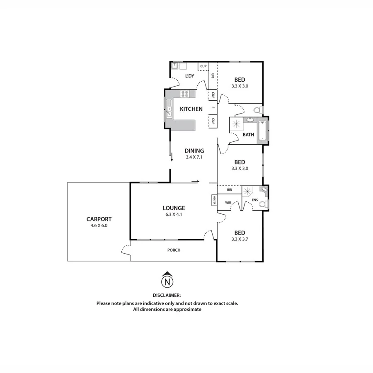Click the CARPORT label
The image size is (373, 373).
coord(99,219)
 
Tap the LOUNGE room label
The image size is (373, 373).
coord(174,208)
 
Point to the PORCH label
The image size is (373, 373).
coord(174,250)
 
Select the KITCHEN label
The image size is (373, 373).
coord(191,109)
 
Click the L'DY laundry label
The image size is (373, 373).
coord(189,76)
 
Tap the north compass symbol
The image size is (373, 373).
coord(167,281)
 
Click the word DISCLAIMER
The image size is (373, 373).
coord(167,295)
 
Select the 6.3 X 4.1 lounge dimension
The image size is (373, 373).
coord(174,215)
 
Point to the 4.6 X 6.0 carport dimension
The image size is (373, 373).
coord(99,226)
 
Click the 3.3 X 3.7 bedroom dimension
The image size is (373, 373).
coord(240,240)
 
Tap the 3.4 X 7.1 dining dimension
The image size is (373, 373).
coord(194,157)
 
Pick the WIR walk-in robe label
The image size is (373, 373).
coord(228,203)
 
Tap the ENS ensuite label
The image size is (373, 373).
coord(255,200)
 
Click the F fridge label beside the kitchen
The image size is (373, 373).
coord(213,108)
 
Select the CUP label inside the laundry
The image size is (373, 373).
coord(203,66)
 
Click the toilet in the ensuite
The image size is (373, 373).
coord(266,203)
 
